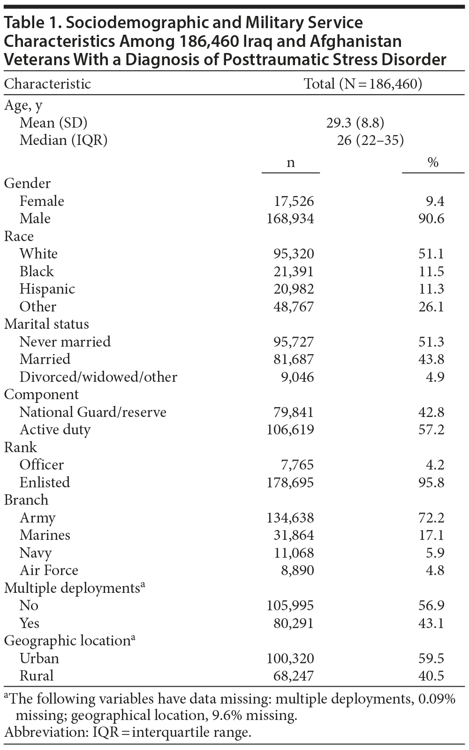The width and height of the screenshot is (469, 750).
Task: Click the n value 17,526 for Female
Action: pyautogui.click(x=294, y=201)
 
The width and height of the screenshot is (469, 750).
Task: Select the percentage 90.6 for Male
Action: pyautogui.click(x=431, y=219)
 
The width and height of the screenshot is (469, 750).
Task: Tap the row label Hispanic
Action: pyautogui.click(x=47, y=289)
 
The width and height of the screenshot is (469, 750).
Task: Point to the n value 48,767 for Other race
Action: pyautogui.click(x=294, y=307)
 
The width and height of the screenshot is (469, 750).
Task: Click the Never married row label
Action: pyautogui.click(x=65, y=341)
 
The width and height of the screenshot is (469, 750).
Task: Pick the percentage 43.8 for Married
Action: pyautogui.click(x=431, y=359)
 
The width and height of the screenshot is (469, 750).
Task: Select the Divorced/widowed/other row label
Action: pyautogui.click(x=98, y=377)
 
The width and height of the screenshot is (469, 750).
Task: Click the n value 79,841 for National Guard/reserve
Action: pyautogui.click(x=294, y=412)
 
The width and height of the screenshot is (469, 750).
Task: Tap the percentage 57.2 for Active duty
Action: pyautogui.click(x=431, y=430)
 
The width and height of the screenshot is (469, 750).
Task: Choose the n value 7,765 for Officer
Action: pyautogui.click(x=297, y=465)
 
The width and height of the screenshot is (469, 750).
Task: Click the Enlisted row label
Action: pyautogui.click(x=45, y=483)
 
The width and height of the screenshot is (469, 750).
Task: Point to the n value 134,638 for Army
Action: pyautogui.click(x=290, y=518)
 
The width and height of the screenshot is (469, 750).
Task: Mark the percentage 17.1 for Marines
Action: pyautogui.click(x=431, y=535)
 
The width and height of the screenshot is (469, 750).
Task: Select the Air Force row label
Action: pyautogui.click(x=49, y=570)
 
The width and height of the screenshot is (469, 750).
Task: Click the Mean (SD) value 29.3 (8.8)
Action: pyautogui.click(x=355, y=123)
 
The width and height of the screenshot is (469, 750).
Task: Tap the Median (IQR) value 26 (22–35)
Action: pyautogui.click(x=370, y=140)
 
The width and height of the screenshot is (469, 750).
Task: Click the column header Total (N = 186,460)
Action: pyautogui.click(x=363, y=84)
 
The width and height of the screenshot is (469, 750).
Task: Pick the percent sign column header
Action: pyautogui.click(x=432, y=162)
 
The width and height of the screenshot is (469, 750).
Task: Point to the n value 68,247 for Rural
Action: pyautogui.click(x=294, y=676)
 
